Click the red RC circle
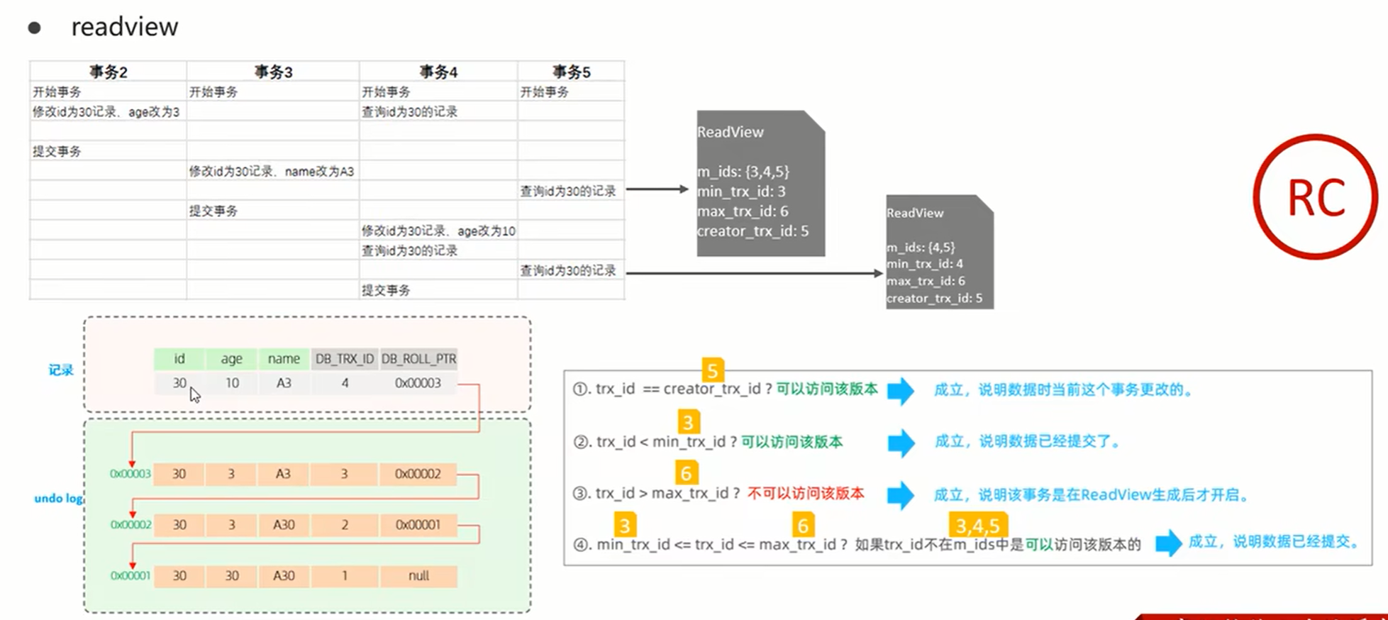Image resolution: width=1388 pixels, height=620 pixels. pos(1316,196)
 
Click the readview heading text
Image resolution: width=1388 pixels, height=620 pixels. pos(125,27)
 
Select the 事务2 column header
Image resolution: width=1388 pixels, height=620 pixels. pos(108,72)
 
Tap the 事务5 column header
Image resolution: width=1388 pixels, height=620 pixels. pos(571,72)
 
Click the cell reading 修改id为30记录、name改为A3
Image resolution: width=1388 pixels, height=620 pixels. pos(272,171)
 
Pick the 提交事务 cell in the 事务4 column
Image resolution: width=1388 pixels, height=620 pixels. pos(386,290)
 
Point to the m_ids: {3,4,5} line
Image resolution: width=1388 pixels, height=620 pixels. pos(743,172)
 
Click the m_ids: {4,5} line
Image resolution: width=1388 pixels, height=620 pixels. pos(921,247)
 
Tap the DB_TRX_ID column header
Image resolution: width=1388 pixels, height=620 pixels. pos(345,359)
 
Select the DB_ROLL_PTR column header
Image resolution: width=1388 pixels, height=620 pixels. pos(418,359)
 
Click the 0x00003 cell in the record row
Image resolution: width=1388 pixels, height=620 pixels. pos(418,383)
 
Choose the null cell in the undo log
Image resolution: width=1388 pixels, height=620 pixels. pos(418,576)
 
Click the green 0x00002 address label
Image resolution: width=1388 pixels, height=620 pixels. pos(131,525)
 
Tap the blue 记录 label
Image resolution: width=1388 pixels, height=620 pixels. pos(61,370)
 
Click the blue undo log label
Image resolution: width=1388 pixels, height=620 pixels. pos(59,498)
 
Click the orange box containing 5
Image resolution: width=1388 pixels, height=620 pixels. pos(712,370)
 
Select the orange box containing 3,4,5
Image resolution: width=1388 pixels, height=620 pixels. pos(977,526)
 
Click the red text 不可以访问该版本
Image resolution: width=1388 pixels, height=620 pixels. pos(806,494)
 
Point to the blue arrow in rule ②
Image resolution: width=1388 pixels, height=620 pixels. pos(901,443)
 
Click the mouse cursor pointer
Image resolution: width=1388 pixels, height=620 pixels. pos(194,394)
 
